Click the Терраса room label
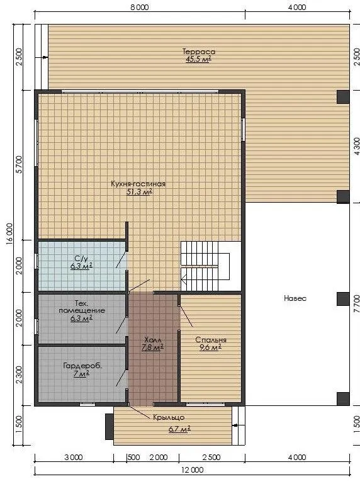[198, 52]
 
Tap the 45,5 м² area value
[198, 59]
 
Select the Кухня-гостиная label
[138, 184]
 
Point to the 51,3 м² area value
[139, 192]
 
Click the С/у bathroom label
[81, 258]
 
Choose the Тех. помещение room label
[82, 307]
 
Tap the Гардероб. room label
[82, 366]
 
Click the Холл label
[152, 340]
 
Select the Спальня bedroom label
[211, 340]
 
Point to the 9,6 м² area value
[210, 347]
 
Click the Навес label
[295, 298]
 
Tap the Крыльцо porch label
[169, 417]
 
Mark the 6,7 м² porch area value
[179, 429]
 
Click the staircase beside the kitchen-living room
[205, 266]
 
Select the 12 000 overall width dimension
[193, 470]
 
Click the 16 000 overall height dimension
[9, 234]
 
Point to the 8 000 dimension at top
[140, 7]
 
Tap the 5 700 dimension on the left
[19, 164]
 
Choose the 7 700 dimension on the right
[356, 304]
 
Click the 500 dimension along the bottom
[133, 458]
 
